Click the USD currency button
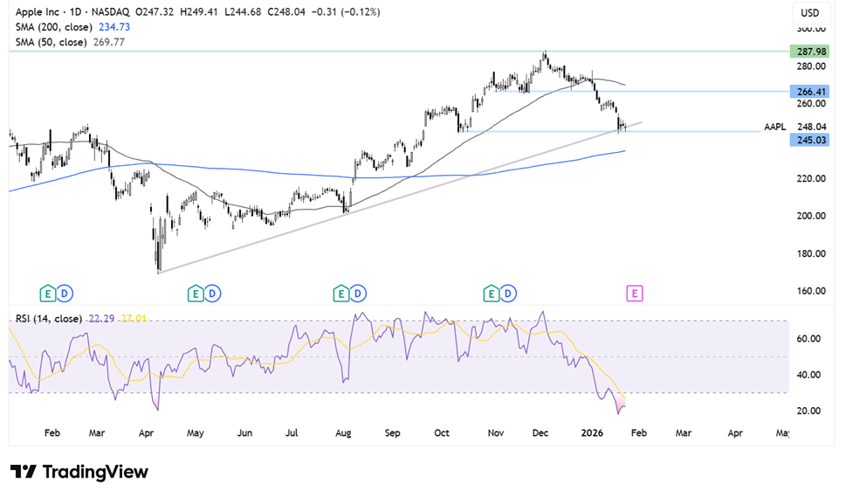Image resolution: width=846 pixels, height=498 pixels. point(811,13)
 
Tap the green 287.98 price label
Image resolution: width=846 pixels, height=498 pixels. point(811,52)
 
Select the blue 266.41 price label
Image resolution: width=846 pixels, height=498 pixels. point(811,91)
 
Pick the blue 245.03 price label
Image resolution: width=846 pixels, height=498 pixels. point(811,140)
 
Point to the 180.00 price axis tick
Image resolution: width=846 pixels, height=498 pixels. point(812,253)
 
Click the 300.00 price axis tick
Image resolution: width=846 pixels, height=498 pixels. point(812,29)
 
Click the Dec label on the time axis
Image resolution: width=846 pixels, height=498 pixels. point(541,433)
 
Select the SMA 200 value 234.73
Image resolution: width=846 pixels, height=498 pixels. point(111,27)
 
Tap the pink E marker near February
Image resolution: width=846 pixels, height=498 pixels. point(635,293)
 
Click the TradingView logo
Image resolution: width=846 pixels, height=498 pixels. point(80,472)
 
